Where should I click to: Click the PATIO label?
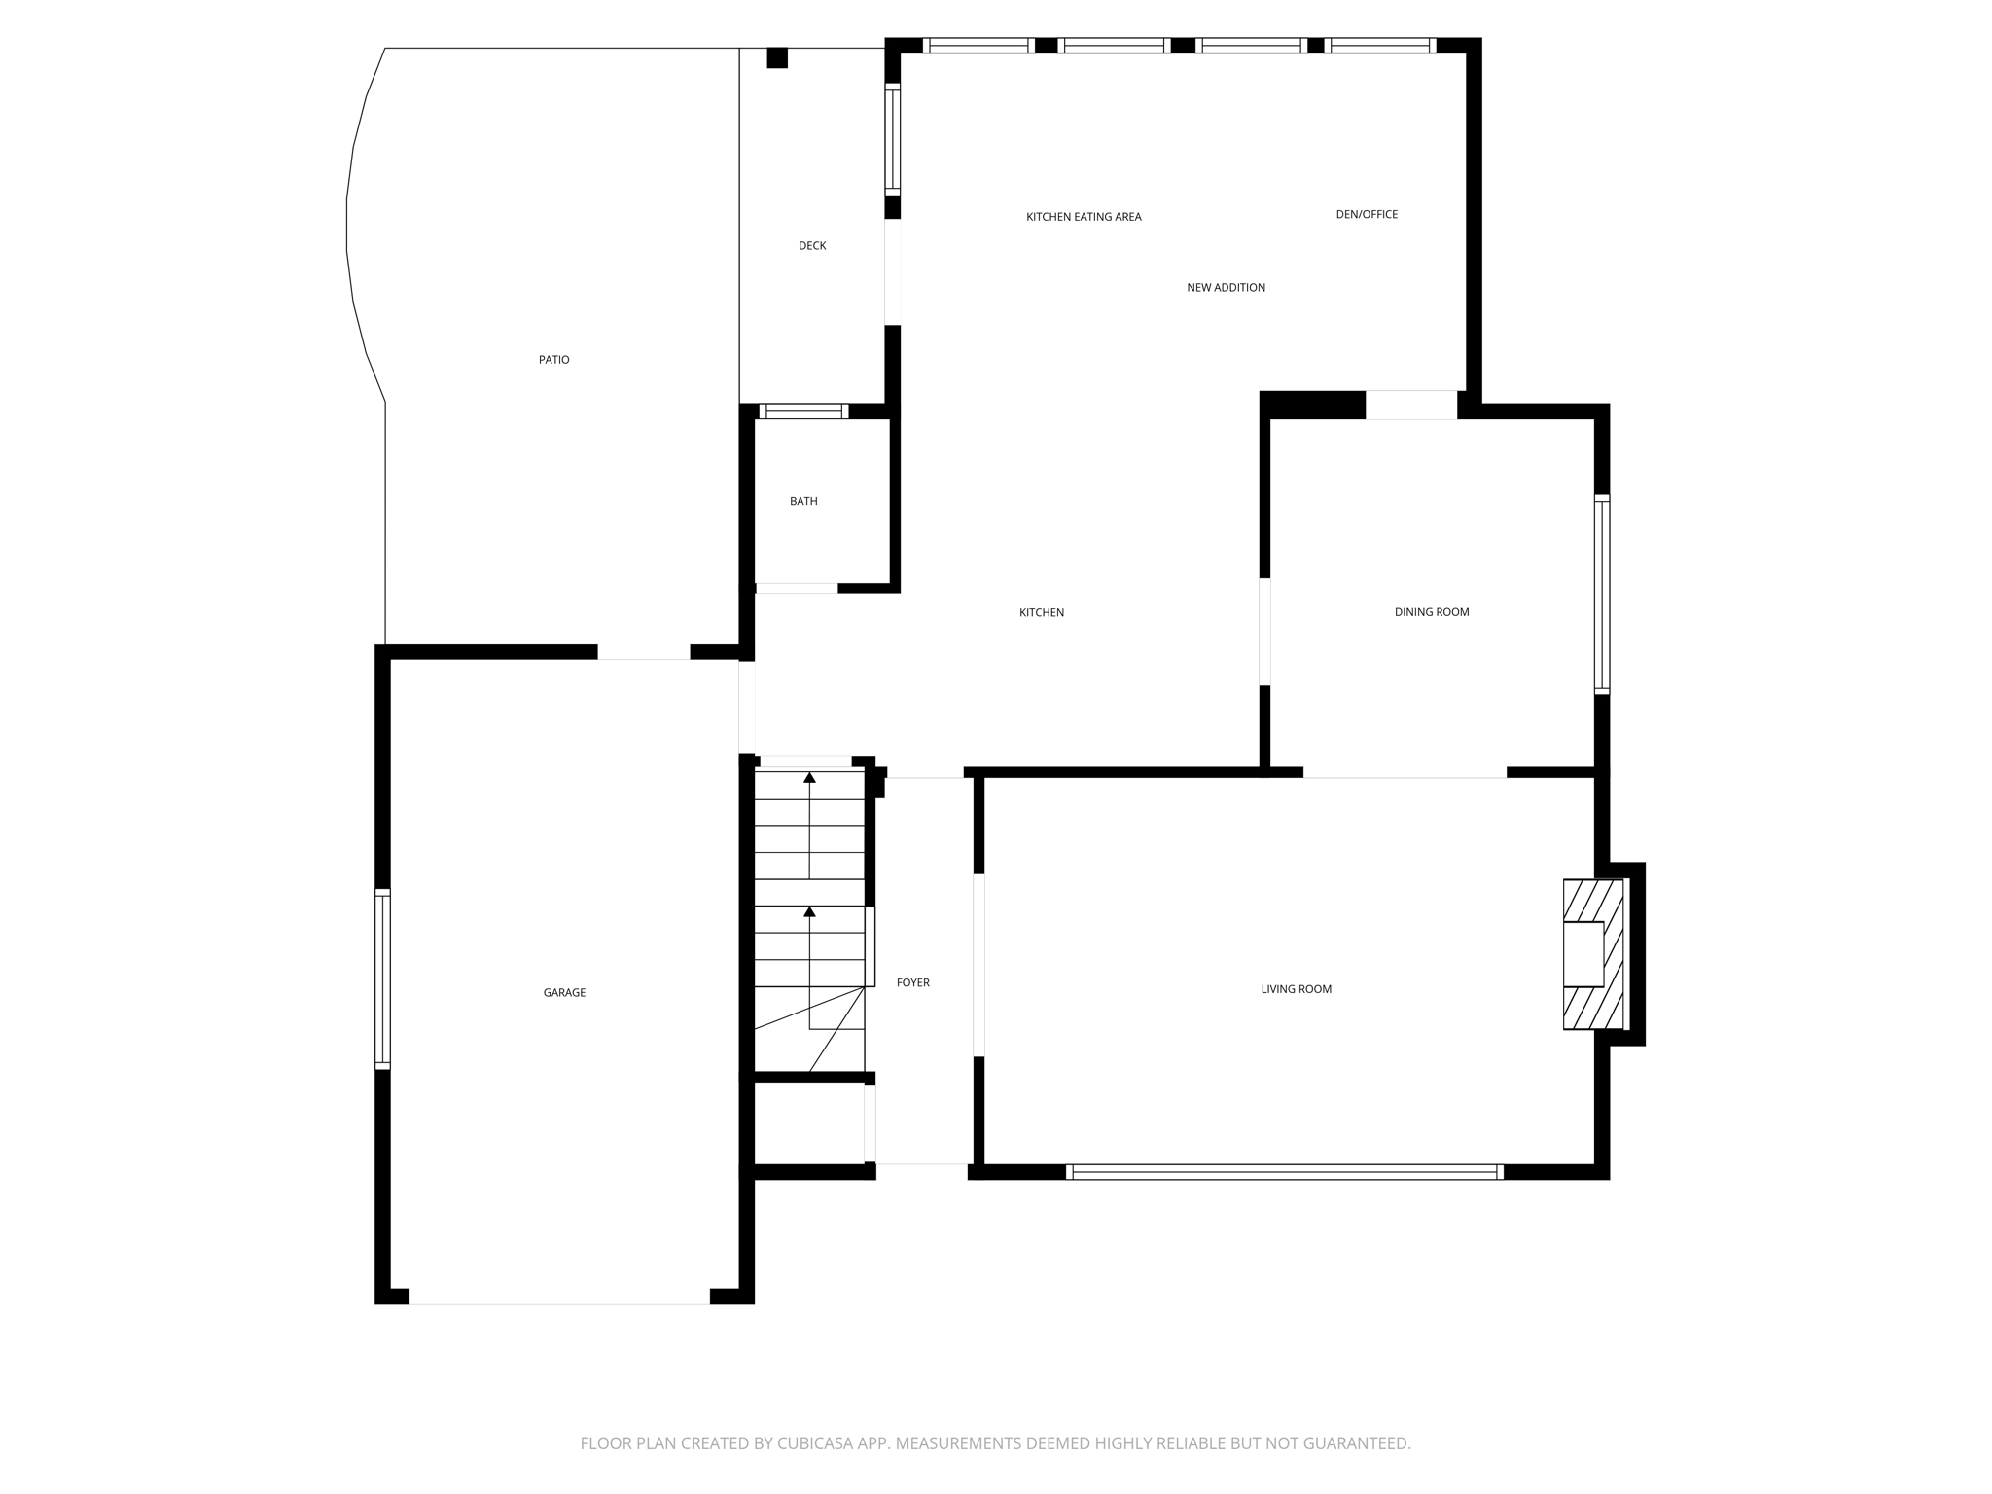coord(553,360)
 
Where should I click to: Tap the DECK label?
coord(812,246)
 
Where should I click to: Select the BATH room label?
coord(803,501)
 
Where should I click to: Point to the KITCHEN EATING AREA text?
coord(1084,217)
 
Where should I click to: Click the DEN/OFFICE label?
coord(1367,214)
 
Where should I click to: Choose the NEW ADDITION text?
coord(1226,287)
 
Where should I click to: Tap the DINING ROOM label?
coord(1432,612)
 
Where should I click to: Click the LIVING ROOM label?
coord(1296,989)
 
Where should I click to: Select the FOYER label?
coord(912,983)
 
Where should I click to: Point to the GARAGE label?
coord(564,993)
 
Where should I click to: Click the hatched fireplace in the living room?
coord(1593,954)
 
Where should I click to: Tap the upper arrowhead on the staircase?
coord(809,777)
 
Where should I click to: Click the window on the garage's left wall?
coord(382,978)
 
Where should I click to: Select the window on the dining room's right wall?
coord(1601,594)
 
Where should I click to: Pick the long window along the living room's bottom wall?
coord(1285,1172)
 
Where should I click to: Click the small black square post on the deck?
coord(776,57)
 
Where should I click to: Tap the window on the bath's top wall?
coord(803,411)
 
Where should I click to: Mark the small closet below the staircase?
coord(809,1122)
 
